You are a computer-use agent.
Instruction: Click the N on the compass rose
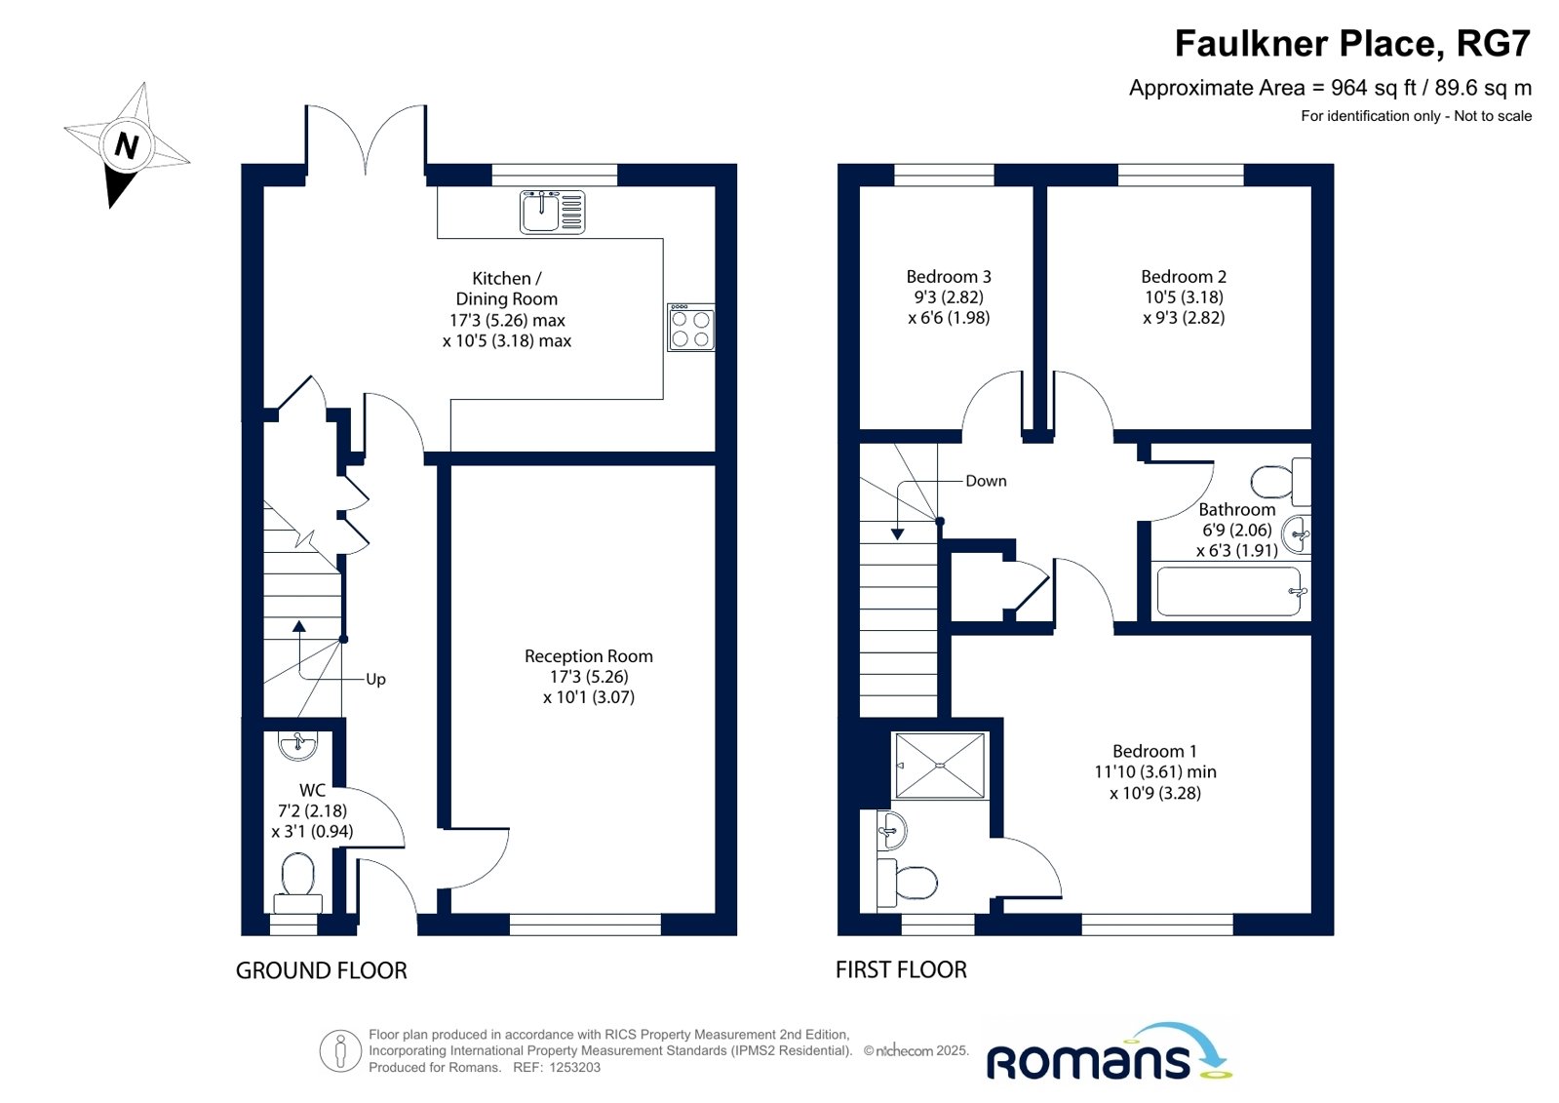point(126,146)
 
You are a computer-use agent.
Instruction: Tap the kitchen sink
point(552,212)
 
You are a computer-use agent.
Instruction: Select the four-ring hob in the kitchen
point(690,328)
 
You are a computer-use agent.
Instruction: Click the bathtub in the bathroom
point(1228,591)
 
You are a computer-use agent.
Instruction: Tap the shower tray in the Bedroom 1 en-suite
point(940,766)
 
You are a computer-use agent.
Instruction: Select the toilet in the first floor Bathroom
point(1280,481)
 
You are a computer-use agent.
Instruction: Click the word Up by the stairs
point(375,680)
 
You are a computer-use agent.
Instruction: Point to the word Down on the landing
point(986,481)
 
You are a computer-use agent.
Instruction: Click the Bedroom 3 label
point(949,276)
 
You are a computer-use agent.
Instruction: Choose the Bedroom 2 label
point(1184,276)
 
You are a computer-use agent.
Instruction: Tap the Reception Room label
point(589,656)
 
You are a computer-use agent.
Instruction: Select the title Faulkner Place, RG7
point(1353,43)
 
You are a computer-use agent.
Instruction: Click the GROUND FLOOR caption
point(322,970)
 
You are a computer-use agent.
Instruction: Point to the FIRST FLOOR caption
point(901,970)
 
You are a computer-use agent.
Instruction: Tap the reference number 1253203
point(575,1068)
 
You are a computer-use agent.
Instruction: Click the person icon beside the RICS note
point(340,1051)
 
